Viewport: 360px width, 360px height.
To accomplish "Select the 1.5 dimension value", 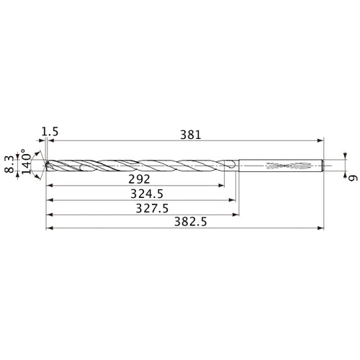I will tap(50, 131).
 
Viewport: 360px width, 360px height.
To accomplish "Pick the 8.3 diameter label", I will tap(9, 163).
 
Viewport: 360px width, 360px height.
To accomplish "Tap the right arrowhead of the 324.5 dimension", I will tap(234, 201).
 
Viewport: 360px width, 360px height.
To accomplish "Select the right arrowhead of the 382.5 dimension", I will tap(323, 230).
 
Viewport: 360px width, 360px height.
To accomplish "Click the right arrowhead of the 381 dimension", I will tap(323, 141).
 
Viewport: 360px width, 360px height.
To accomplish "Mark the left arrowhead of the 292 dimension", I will tap(48, 186).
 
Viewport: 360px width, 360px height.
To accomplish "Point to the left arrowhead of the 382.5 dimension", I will tap(48, 230).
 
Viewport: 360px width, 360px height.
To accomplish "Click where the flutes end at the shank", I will tap(232, 165).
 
